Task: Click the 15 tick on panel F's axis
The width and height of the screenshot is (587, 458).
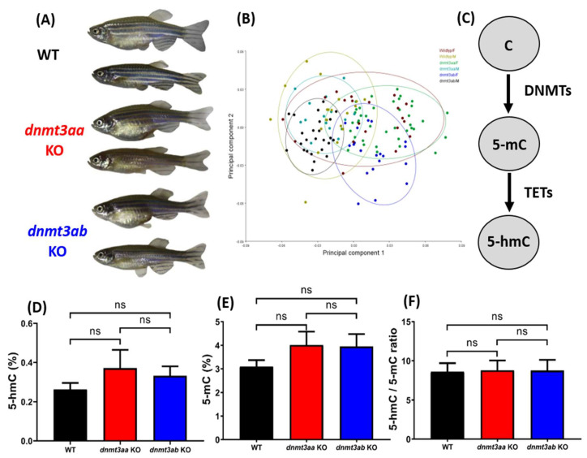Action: coord(426,322)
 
